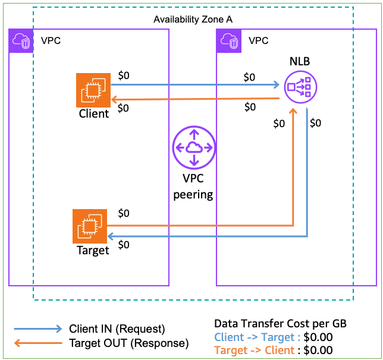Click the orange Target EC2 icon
89,226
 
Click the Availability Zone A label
193,20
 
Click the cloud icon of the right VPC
230,40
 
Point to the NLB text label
299,62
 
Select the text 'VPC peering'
193,188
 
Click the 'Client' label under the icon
94,114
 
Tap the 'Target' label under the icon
93,251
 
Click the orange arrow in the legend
38,343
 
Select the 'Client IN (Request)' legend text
117,329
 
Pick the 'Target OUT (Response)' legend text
128,343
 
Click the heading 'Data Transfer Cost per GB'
280,324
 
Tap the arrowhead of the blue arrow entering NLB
278,85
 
